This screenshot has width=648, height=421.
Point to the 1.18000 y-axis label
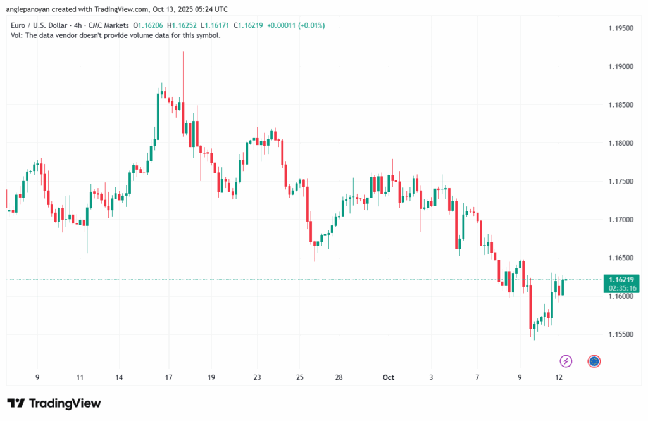pos(620,143)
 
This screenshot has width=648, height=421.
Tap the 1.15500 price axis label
pos(620,335)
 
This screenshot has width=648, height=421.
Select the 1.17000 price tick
pos(620,220)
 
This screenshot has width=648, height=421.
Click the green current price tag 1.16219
pos(621,279)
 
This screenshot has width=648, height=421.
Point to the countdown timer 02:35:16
pos(621,287)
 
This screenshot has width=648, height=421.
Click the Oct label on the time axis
pos(388,377)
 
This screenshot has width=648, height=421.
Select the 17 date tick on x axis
pos(168,377)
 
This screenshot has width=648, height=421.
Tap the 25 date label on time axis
pos(300,377)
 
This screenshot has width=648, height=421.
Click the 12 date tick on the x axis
pos(559,377)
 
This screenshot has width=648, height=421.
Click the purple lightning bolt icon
pos(566,361)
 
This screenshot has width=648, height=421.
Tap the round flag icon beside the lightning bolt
pos(594,361)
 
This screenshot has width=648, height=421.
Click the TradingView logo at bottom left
pos(54,403)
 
